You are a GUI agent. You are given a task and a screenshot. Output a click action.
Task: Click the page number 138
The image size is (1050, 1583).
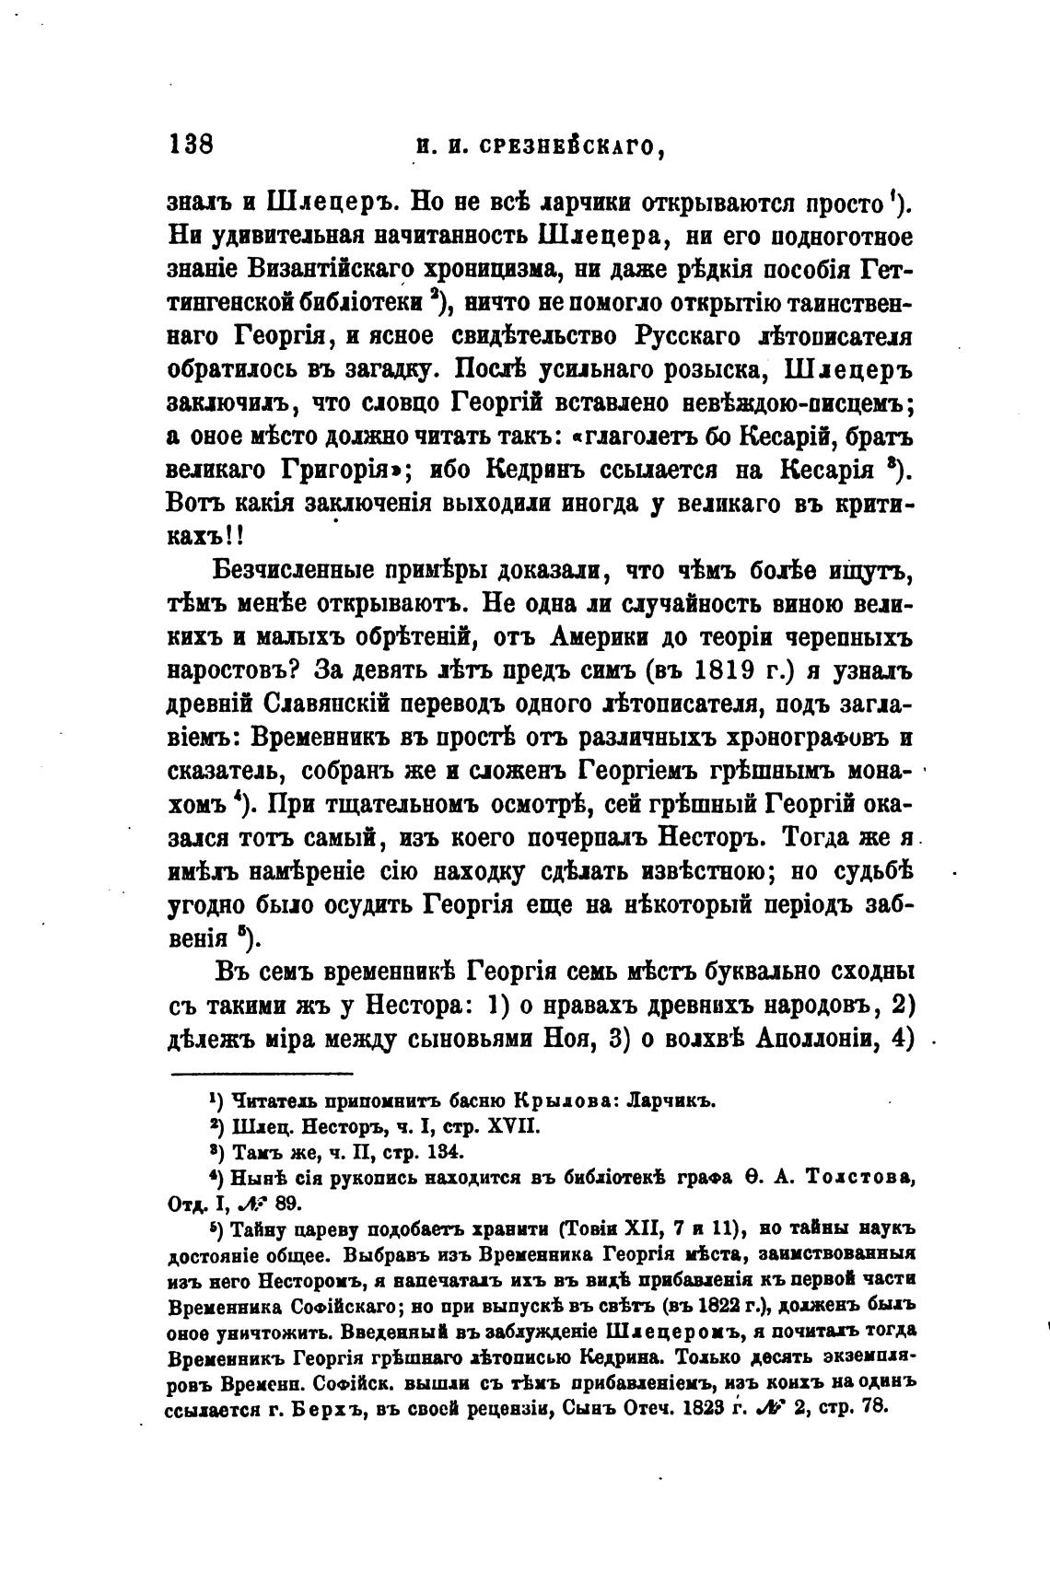[x=192, y=144]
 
